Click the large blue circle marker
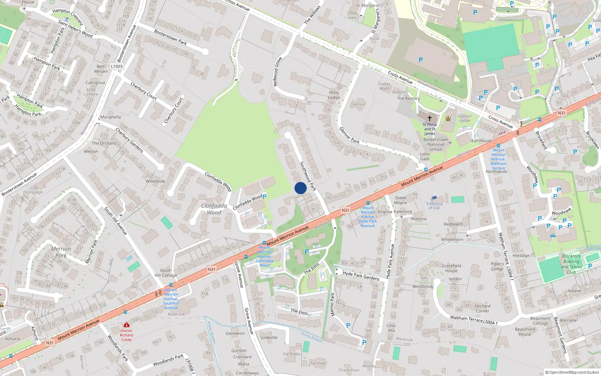point(300,188)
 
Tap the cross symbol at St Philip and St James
point(430,118)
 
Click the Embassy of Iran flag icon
point(434,198)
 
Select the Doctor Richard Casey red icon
point(126,325)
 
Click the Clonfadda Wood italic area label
point(214,209)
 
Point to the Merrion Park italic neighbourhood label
point(61,252)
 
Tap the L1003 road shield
point(116,67)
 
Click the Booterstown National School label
point(436,144)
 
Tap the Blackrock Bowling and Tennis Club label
point(571,264)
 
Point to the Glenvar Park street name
point(349,135)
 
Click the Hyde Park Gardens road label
point(361,276)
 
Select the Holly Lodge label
point(334,95)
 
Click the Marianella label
point(110,117)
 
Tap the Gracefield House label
point(451,268)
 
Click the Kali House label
point(481,141)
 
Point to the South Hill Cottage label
point(166,273)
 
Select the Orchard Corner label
point(482,308)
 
